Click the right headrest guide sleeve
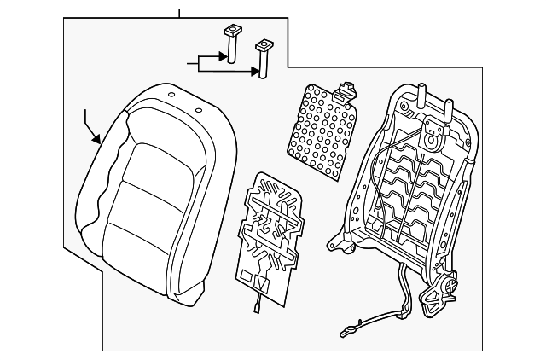264,57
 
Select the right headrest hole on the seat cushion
199,108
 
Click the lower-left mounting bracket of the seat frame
346,247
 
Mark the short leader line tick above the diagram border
179,13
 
